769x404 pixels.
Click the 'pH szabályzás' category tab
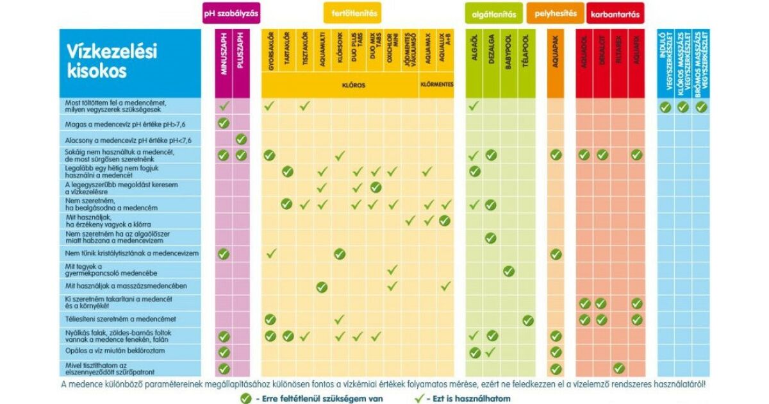[x=231, y=13]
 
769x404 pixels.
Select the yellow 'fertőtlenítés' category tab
[x=354, y=13]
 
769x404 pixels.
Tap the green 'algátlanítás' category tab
[x=494, y=13]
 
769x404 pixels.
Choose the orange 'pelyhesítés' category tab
[x=556, y=13]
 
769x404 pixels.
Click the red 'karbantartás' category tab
[x=615, y=13]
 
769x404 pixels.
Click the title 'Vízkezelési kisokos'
[x=112, y=62]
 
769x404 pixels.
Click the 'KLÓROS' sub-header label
[x=340, y=85]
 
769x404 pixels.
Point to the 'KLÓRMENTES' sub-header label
[x=436, y=85]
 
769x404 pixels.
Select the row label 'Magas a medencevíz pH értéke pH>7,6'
[x=122, y=123]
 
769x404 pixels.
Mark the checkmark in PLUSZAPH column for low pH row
[x=241, y=139]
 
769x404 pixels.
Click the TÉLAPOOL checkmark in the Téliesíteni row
[x=527, y=320]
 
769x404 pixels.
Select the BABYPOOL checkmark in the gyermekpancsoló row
[x=509, y=271]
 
